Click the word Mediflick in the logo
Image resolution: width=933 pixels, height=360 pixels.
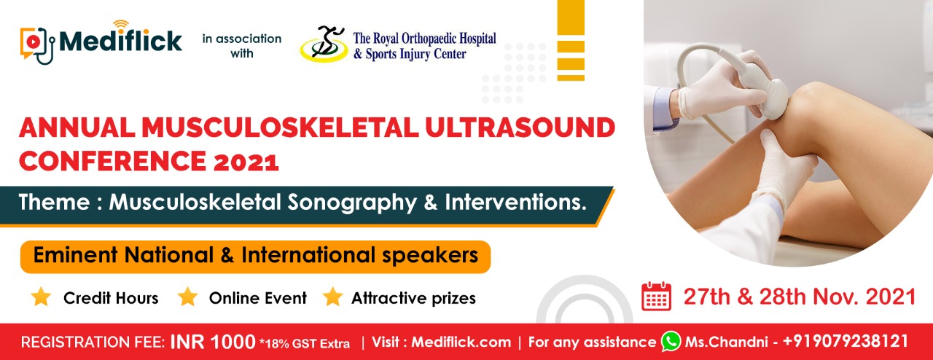[x=120, y=41]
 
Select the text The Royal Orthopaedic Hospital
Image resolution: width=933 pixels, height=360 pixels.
[x=424, y=37]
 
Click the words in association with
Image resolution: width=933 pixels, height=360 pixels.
[x=241, y=46]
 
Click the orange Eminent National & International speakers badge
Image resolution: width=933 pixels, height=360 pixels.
[x=255, y=257]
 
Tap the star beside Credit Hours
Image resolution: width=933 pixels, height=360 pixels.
[x=42, y=297]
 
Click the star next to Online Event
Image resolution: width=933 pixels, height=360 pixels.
[x=188, y=297]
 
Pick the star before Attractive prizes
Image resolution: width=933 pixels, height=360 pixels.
[x=333, y=297]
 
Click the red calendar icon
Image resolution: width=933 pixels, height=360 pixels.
[x=656, y=297]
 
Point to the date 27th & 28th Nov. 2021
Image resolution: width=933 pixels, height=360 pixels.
[x=799, y=297]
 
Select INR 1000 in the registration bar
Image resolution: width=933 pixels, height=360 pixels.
[x=213, y=342]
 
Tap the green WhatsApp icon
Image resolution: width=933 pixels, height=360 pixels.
[x=671, y=341]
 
